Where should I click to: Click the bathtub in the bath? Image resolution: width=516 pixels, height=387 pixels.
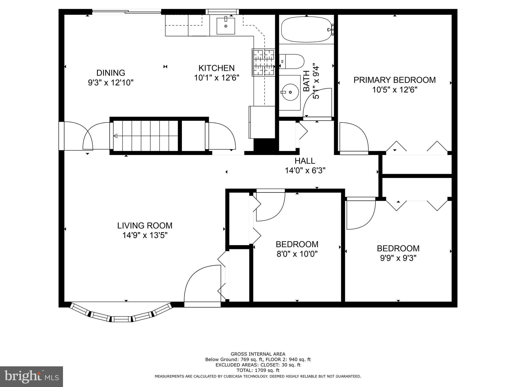(306, 30)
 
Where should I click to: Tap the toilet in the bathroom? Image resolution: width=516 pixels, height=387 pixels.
(292, 61)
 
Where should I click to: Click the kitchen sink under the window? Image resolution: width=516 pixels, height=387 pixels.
(226, 26)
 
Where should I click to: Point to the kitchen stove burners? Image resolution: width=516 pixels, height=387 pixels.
(263, 62)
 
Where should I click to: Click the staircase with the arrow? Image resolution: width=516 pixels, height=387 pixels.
(145, 136)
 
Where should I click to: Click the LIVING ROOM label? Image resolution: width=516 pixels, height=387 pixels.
(145, 225)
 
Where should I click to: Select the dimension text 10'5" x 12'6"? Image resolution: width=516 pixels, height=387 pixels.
(395, 90)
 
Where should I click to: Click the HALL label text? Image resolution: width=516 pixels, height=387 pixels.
(305, 161)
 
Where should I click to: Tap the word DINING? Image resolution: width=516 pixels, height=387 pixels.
(111, 73)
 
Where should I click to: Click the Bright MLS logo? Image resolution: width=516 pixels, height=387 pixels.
(31, 376)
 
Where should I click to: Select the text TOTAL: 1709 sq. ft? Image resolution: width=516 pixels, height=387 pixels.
(258, 370)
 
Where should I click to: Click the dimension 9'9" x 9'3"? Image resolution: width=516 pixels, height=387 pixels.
(398, 258)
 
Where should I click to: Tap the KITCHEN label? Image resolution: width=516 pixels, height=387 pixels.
(216, 68)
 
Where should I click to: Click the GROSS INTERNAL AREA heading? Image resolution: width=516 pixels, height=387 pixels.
(258, 354)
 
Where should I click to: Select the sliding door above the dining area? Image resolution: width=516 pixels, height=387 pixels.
(126, 11)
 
